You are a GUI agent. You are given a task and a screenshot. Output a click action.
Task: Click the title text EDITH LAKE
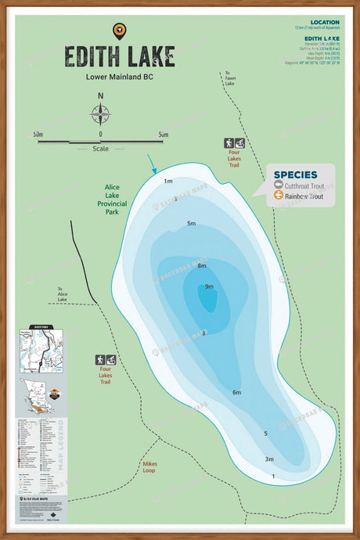(x=119, y=57)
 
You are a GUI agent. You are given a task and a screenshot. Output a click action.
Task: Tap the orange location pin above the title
(x=119, y=31)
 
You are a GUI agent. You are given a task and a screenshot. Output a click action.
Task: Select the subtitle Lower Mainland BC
(x=119, y=77)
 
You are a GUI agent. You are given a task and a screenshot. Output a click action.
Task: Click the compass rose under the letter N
(x=100, y=115)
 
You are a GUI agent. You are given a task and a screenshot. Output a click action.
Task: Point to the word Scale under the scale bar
(x=100, y=148)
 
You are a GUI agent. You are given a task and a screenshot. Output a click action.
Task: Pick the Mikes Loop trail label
(x=149, y=467)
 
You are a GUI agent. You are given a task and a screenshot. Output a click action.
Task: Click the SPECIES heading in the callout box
(x=296, y=175)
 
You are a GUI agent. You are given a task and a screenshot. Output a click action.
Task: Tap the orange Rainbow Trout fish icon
(x=279, y=196)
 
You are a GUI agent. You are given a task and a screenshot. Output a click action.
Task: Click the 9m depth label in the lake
(x=209, y=287)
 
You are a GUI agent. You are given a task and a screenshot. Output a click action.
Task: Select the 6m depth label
(x=236, y=392)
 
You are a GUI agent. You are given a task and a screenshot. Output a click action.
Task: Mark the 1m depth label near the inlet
(x=167, y=182)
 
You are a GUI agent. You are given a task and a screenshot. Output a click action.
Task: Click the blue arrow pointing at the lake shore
(x=152, y=164)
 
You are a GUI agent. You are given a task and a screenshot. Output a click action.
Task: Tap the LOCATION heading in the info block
(x=324, y=23)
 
